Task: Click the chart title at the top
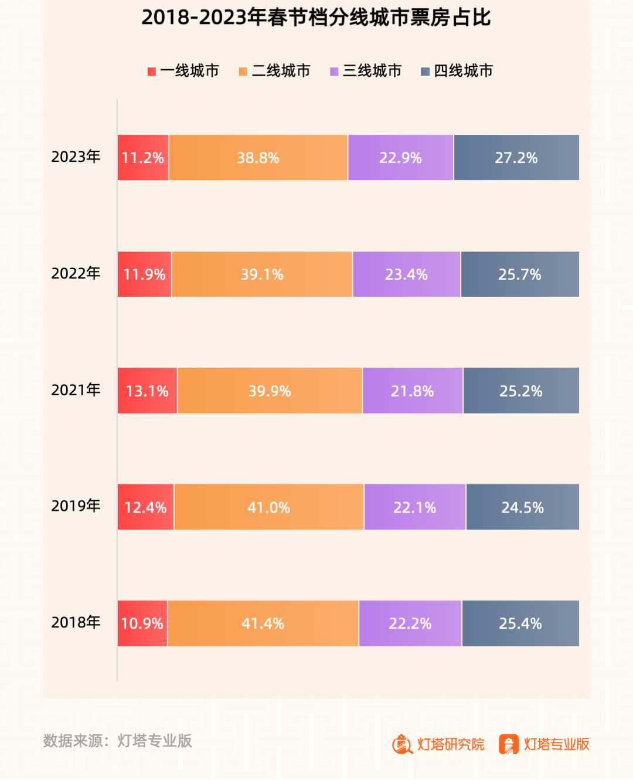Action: [316, 18]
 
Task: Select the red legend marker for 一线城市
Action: [151, 72]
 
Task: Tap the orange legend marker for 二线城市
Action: [243, 72]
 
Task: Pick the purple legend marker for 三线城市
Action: [334, 72]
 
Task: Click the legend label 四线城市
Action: [463, 71]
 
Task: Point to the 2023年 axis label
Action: [76, 157]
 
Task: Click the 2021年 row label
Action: [76, 390]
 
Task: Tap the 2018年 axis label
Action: [76, 622]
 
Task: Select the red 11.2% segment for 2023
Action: [143, 158]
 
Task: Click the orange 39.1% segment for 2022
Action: [262, 274]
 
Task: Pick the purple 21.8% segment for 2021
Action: [413, 391]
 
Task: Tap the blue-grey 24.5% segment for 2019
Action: [522, 507]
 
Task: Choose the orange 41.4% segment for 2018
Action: [263, 623]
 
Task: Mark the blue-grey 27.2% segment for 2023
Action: [516, 158]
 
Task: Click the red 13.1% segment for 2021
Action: [147, 391]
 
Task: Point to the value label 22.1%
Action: [414, 508]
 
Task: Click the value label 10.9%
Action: [142, 623]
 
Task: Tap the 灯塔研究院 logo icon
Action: [403, 744]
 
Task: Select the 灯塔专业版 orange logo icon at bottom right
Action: [508, 744]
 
